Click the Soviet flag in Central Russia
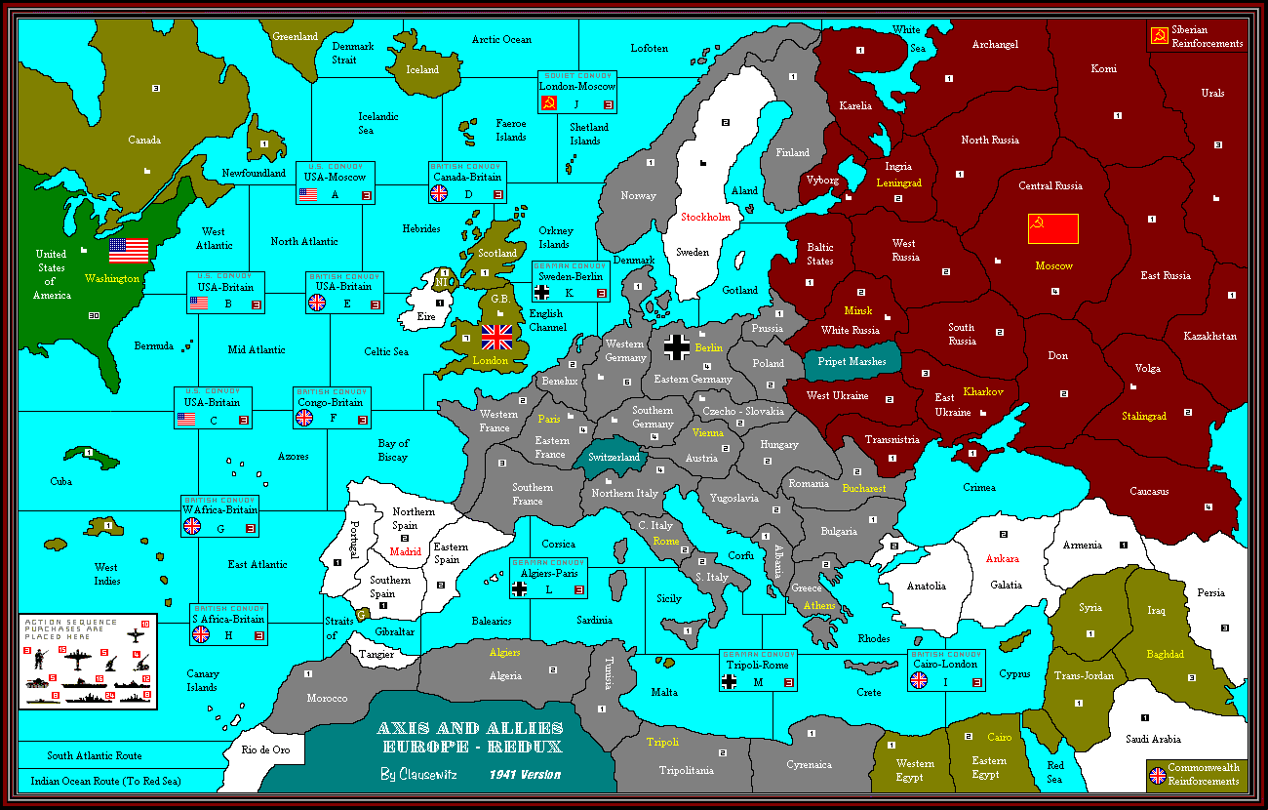(x=1052, y=228)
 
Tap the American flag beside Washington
(x=128, y=250)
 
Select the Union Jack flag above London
(x=496, y=337)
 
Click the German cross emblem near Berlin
(x=677, y=346)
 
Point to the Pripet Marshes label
(x=845, y=361)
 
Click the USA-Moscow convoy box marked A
(x=335, y=182)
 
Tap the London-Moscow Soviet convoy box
(x=577, y=93)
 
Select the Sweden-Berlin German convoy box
(x=570, y=281)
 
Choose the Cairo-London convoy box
(x=945, y=668)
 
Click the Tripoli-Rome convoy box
(x=758, y=669)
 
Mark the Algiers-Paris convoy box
(x=548, y=578)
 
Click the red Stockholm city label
(x=705, y=217)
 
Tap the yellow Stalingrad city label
(x=1144, y=416)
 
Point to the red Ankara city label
(x=1002, y=558)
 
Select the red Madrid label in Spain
(x=405, y=551)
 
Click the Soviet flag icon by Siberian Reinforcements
(x=1159, y=36)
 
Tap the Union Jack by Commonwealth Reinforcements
(x=1157, y=775)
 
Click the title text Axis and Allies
(x=470, y=728)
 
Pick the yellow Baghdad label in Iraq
(x=1165, y=654)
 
